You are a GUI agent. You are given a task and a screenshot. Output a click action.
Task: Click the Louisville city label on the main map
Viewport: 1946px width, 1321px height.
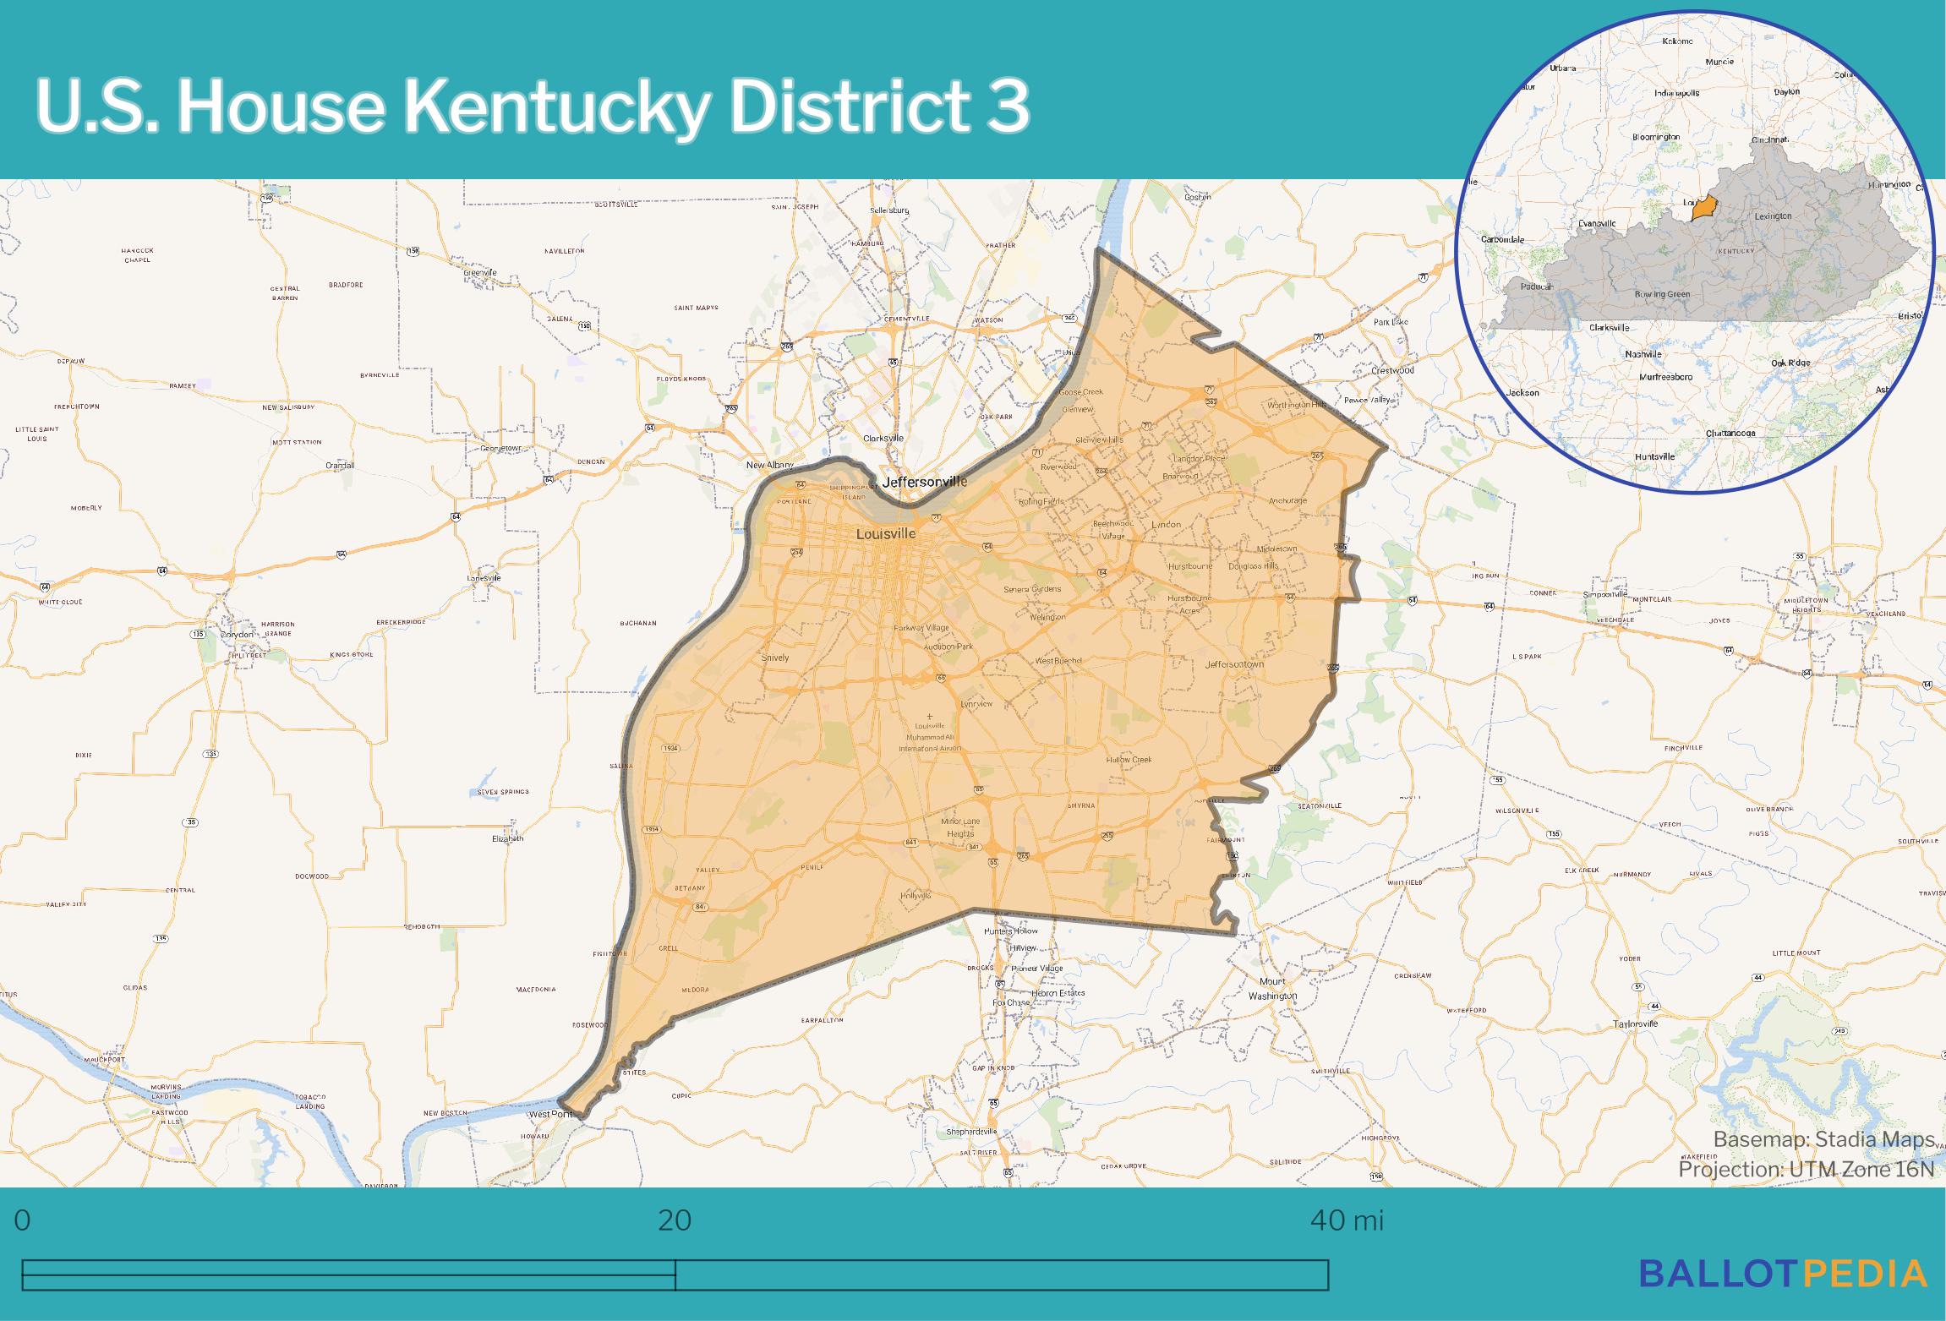[885, 534]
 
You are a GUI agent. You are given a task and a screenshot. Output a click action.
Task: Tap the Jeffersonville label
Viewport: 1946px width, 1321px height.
[924, 482]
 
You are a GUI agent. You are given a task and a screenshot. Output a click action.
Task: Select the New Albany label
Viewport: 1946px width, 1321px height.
[770, 465]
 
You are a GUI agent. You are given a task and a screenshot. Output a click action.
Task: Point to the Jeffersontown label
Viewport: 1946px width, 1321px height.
[1234, 664]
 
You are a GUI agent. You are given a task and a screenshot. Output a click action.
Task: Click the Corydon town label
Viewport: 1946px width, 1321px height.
[236, 634]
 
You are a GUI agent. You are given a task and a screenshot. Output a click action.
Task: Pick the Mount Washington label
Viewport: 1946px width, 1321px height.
[1272, 988]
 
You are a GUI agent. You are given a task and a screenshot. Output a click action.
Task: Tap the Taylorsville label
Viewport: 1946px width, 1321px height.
[1636, 1024]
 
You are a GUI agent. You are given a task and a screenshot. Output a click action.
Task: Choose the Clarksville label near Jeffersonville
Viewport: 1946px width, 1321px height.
[883, 438]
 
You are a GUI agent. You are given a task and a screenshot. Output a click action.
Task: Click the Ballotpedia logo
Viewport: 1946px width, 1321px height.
[1783, 1273]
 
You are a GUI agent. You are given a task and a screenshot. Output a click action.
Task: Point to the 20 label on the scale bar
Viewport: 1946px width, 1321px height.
[675, 1220]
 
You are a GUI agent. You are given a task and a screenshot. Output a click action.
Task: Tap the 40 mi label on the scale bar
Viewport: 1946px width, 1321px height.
[1347, 1220]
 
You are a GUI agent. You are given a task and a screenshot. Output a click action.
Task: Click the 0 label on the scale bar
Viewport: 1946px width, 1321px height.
[23, 1220]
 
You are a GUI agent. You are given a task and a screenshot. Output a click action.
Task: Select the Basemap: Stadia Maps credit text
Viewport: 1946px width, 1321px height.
[1823, 1139]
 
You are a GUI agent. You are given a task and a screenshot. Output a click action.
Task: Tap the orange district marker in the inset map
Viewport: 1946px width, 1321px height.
[1705, 208]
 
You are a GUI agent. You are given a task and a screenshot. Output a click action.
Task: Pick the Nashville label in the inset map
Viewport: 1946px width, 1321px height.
[1643, 354]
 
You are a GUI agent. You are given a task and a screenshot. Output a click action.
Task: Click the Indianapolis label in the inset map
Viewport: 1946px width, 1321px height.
[1676, 93]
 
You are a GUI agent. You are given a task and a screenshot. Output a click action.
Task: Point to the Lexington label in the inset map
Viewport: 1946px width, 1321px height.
[1773, 216]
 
